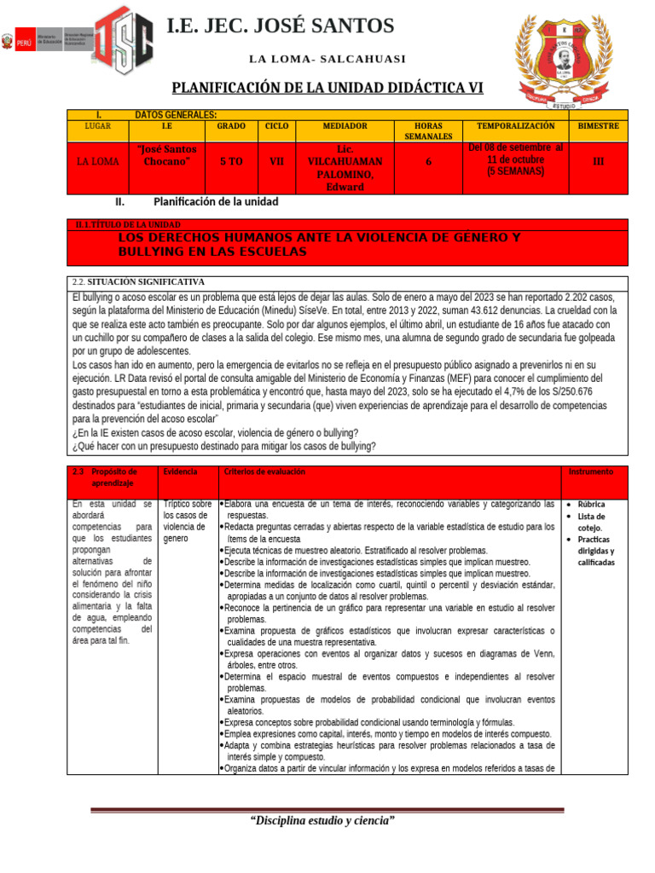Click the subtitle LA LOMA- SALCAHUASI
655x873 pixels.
pos(327,59)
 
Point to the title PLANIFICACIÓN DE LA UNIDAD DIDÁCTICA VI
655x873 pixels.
pos(333,88)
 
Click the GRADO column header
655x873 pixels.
pos(231,126)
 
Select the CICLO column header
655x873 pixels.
pos(276,126)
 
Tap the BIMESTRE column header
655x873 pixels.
pos(598,126)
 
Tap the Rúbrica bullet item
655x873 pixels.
pos(591,504)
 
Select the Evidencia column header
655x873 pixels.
pos(180,471)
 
